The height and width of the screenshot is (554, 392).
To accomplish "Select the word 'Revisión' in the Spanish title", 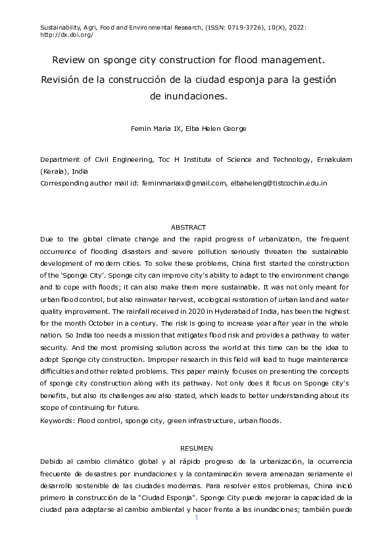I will coord(63,79).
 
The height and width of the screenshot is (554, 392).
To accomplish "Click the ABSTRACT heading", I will coord(188,226).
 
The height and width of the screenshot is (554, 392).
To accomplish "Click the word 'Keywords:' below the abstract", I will coord(57,419).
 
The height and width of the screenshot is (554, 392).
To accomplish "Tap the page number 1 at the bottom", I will coord(195,518).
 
